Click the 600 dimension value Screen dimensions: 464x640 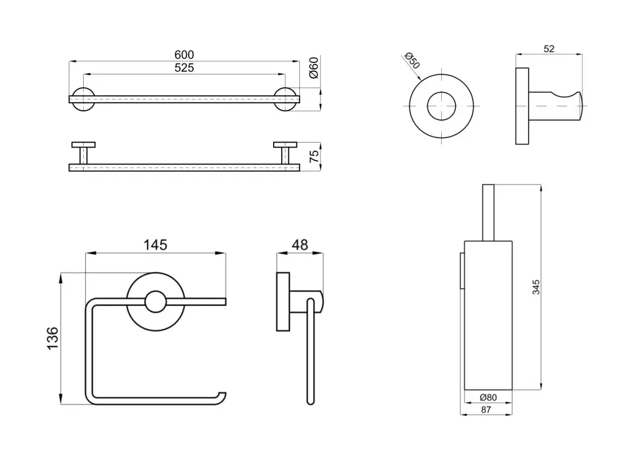[184, 55]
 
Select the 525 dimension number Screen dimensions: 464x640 [184, 68]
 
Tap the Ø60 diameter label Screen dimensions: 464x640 [314, 68]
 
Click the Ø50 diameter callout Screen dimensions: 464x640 [412, 61]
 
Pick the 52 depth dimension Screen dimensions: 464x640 [549, 49]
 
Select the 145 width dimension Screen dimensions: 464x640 [155, 245]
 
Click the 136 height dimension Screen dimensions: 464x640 [52, 338]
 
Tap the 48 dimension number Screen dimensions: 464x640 [300, 245]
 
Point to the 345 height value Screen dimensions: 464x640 [536, 287]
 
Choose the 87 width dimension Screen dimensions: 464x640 [486, 410]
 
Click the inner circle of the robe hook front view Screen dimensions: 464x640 [441, 106]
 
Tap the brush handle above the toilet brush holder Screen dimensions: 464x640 [488, 211]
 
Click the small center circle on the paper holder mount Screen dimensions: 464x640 [155, 303]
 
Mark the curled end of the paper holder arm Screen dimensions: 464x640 [220, 395]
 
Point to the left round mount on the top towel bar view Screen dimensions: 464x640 [82, 99]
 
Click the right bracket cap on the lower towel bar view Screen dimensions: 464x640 [286, 145]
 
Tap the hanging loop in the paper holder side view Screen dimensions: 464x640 [311, 350]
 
